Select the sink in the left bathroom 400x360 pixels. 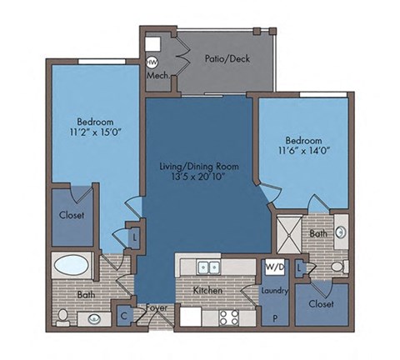pos(94,317)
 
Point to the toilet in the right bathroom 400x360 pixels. pos(337,267)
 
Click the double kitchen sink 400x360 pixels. pos(207,267)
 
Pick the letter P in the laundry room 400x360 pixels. pos(274,317)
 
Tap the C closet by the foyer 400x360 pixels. pos(123,315)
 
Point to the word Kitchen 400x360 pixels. pos(207,290)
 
